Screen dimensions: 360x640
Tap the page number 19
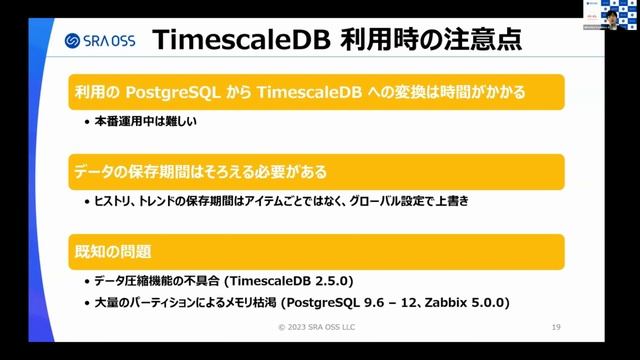(556, 327)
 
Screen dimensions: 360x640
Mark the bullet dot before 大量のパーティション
(86, 301)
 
